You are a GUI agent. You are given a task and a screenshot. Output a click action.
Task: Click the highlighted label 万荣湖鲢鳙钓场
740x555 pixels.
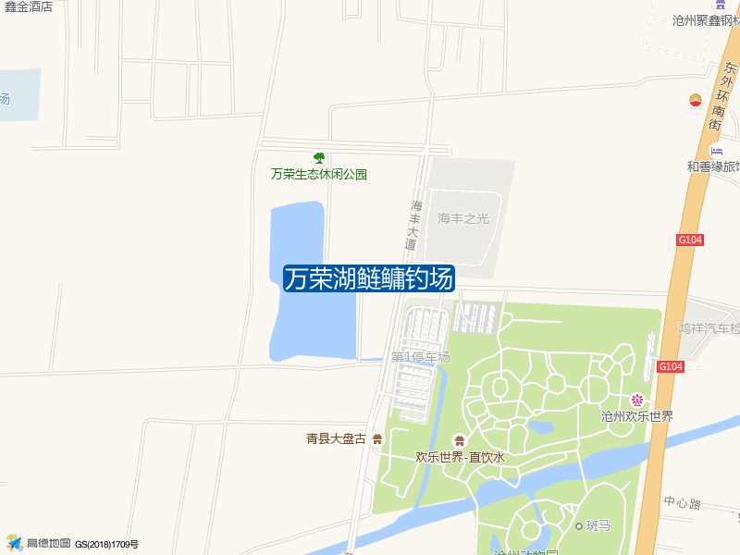click(368, 278)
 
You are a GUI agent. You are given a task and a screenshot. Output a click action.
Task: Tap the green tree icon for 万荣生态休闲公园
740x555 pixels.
click(319, 158)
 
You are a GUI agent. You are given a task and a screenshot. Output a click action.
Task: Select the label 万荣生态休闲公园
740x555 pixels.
click(319, 174)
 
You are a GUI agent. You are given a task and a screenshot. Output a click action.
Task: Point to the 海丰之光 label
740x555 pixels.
click(463, 219)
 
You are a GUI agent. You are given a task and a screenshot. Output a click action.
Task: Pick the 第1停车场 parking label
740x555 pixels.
click(420, 356)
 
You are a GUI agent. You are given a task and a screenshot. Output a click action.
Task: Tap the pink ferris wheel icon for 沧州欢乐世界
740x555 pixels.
click(636, 400)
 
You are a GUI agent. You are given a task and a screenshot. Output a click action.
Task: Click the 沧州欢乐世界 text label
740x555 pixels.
click(636, 416)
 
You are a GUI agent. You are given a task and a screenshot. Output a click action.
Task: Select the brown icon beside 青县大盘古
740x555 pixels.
click(377, 439)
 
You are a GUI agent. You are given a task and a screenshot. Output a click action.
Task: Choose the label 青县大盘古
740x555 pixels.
click(337, 439)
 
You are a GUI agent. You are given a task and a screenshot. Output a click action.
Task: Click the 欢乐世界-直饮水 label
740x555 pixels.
click(460, 457)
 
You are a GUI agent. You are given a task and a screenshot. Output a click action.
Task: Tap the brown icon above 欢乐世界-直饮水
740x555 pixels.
click(459, 440)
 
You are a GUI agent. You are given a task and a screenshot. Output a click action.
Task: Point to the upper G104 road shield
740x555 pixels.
click(690, 240)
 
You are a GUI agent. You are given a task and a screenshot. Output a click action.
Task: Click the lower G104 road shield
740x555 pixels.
click(671, 366)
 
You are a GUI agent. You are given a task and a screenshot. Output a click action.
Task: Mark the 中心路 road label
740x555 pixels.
click(683, 503)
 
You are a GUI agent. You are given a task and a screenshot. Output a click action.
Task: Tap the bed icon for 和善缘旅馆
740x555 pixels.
click(716, 151)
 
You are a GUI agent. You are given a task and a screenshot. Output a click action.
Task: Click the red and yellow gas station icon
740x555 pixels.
click(695, 100)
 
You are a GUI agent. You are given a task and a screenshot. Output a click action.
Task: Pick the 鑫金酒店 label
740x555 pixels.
click(29, 6)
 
